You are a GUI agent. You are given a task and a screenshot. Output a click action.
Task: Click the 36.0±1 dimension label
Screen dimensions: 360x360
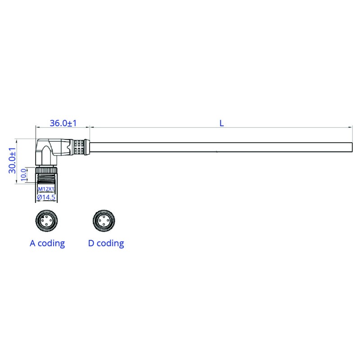point(63,123)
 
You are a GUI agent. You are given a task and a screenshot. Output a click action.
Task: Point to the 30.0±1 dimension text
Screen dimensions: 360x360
point(12,161)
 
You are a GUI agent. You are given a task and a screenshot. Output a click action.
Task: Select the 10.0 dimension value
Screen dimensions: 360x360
point(24,175)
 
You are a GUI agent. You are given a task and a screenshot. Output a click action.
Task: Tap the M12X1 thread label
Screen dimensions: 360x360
point(46,189)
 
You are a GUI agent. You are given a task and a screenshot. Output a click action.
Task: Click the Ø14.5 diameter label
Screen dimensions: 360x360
point(46,197)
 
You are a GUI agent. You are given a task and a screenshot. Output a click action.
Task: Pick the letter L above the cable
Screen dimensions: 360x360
point(221,123)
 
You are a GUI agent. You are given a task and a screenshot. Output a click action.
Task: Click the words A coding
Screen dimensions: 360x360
point(47,243)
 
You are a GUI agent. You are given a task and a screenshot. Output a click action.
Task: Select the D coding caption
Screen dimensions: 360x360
point(106,243)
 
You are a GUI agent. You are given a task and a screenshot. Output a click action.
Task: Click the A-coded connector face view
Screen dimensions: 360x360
point(47,220)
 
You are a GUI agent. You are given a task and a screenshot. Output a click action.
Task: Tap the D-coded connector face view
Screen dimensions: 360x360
point(104,220)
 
